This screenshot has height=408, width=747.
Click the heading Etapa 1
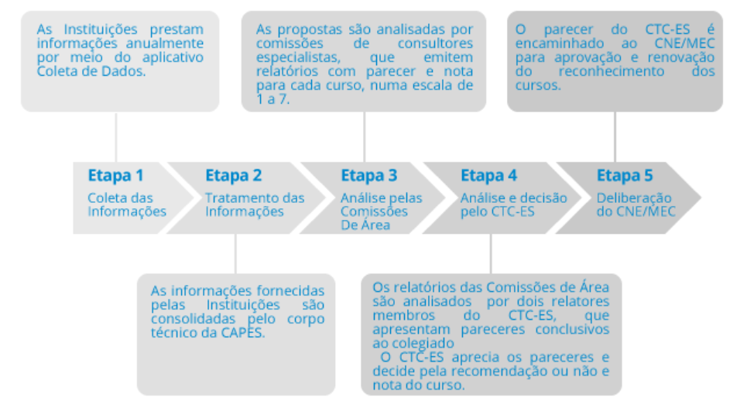[x=116, y=176]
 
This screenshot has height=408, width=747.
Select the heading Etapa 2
[x=234, y=176]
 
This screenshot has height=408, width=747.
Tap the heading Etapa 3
[x=369, y=176]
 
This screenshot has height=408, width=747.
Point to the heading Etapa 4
[x=488, y=176]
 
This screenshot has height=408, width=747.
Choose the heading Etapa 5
[x=625, y=176]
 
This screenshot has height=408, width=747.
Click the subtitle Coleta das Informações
[x=127, y=205]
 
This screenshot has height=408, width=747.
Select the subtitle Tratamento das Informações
[x=255, y=205]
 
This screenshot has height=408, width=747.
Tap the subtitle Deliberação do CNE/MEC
[x=636, y=205]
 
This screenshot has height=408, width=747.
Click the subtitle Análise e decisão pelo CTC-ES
[x=513, y=205]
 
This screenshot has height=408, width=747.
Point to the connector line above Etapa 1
[x=116, y=137]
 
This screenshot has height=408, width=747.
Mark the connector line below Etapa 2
[x=235, y=254]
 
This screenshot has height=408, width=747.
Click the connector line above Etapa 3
[x=365, y=137]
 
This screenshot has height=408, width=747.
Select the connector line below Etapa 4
[x=491, y=254]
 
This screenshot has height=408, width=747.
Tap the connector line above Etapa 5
[x=615, y=137]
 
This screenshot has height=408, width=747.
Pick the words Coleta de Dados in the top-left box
[x=91, y=71]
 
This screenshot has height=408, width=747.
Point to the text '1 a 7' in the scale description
[x=272, y=100]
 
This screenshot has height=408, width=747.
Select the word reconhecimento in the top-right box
[x=612, y=71]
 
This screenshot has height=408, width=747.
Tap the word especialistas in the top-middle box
[x=298, y=57]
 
